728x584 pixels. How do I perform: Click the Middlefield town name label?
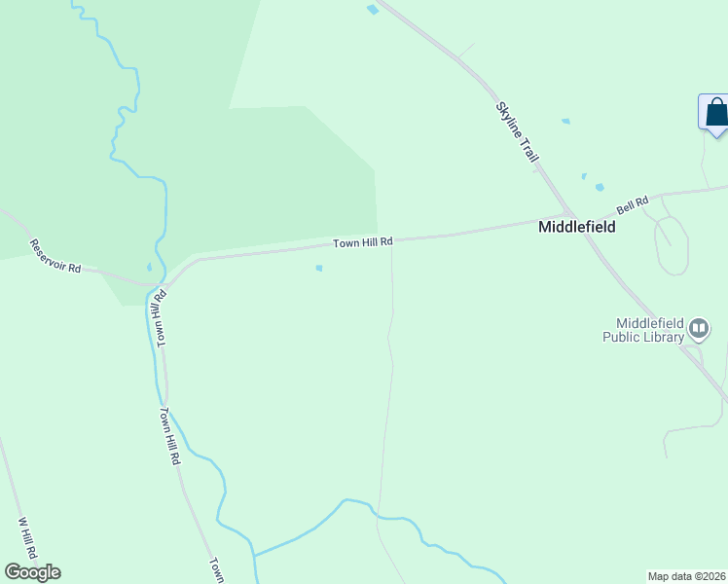[577, 226]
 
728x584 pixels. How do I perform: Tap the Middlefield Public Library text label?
[642, 331]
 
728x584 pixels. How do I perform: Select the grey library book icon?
[698, 330]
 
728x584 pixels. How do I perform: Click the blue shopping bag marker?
[716, 112]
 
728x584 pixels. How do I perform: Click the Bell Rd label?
[633, 205]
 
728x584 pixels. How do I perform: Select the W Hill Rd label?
[27, 536]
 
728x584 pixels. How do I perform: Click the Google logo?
[32, 572]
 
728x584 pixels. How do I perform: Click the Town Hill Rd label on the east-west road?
[362, 242]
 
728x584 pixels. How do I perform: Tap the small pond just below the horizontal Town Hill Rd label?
[319, 269]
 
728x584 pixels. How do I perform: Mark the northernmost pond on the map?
[372, 10]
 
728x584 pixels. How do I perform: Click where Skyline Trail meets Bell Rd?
[570, 215]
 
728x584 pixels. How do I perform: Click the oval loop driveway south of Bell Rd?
[672, 242]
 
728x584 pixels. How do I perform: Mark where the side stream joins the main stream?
[254, 555]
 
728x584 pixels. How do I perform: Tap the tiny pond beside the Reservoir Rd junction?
[149, 268]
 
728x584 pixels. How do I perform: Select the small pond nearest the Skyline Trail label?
[565, 122]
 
